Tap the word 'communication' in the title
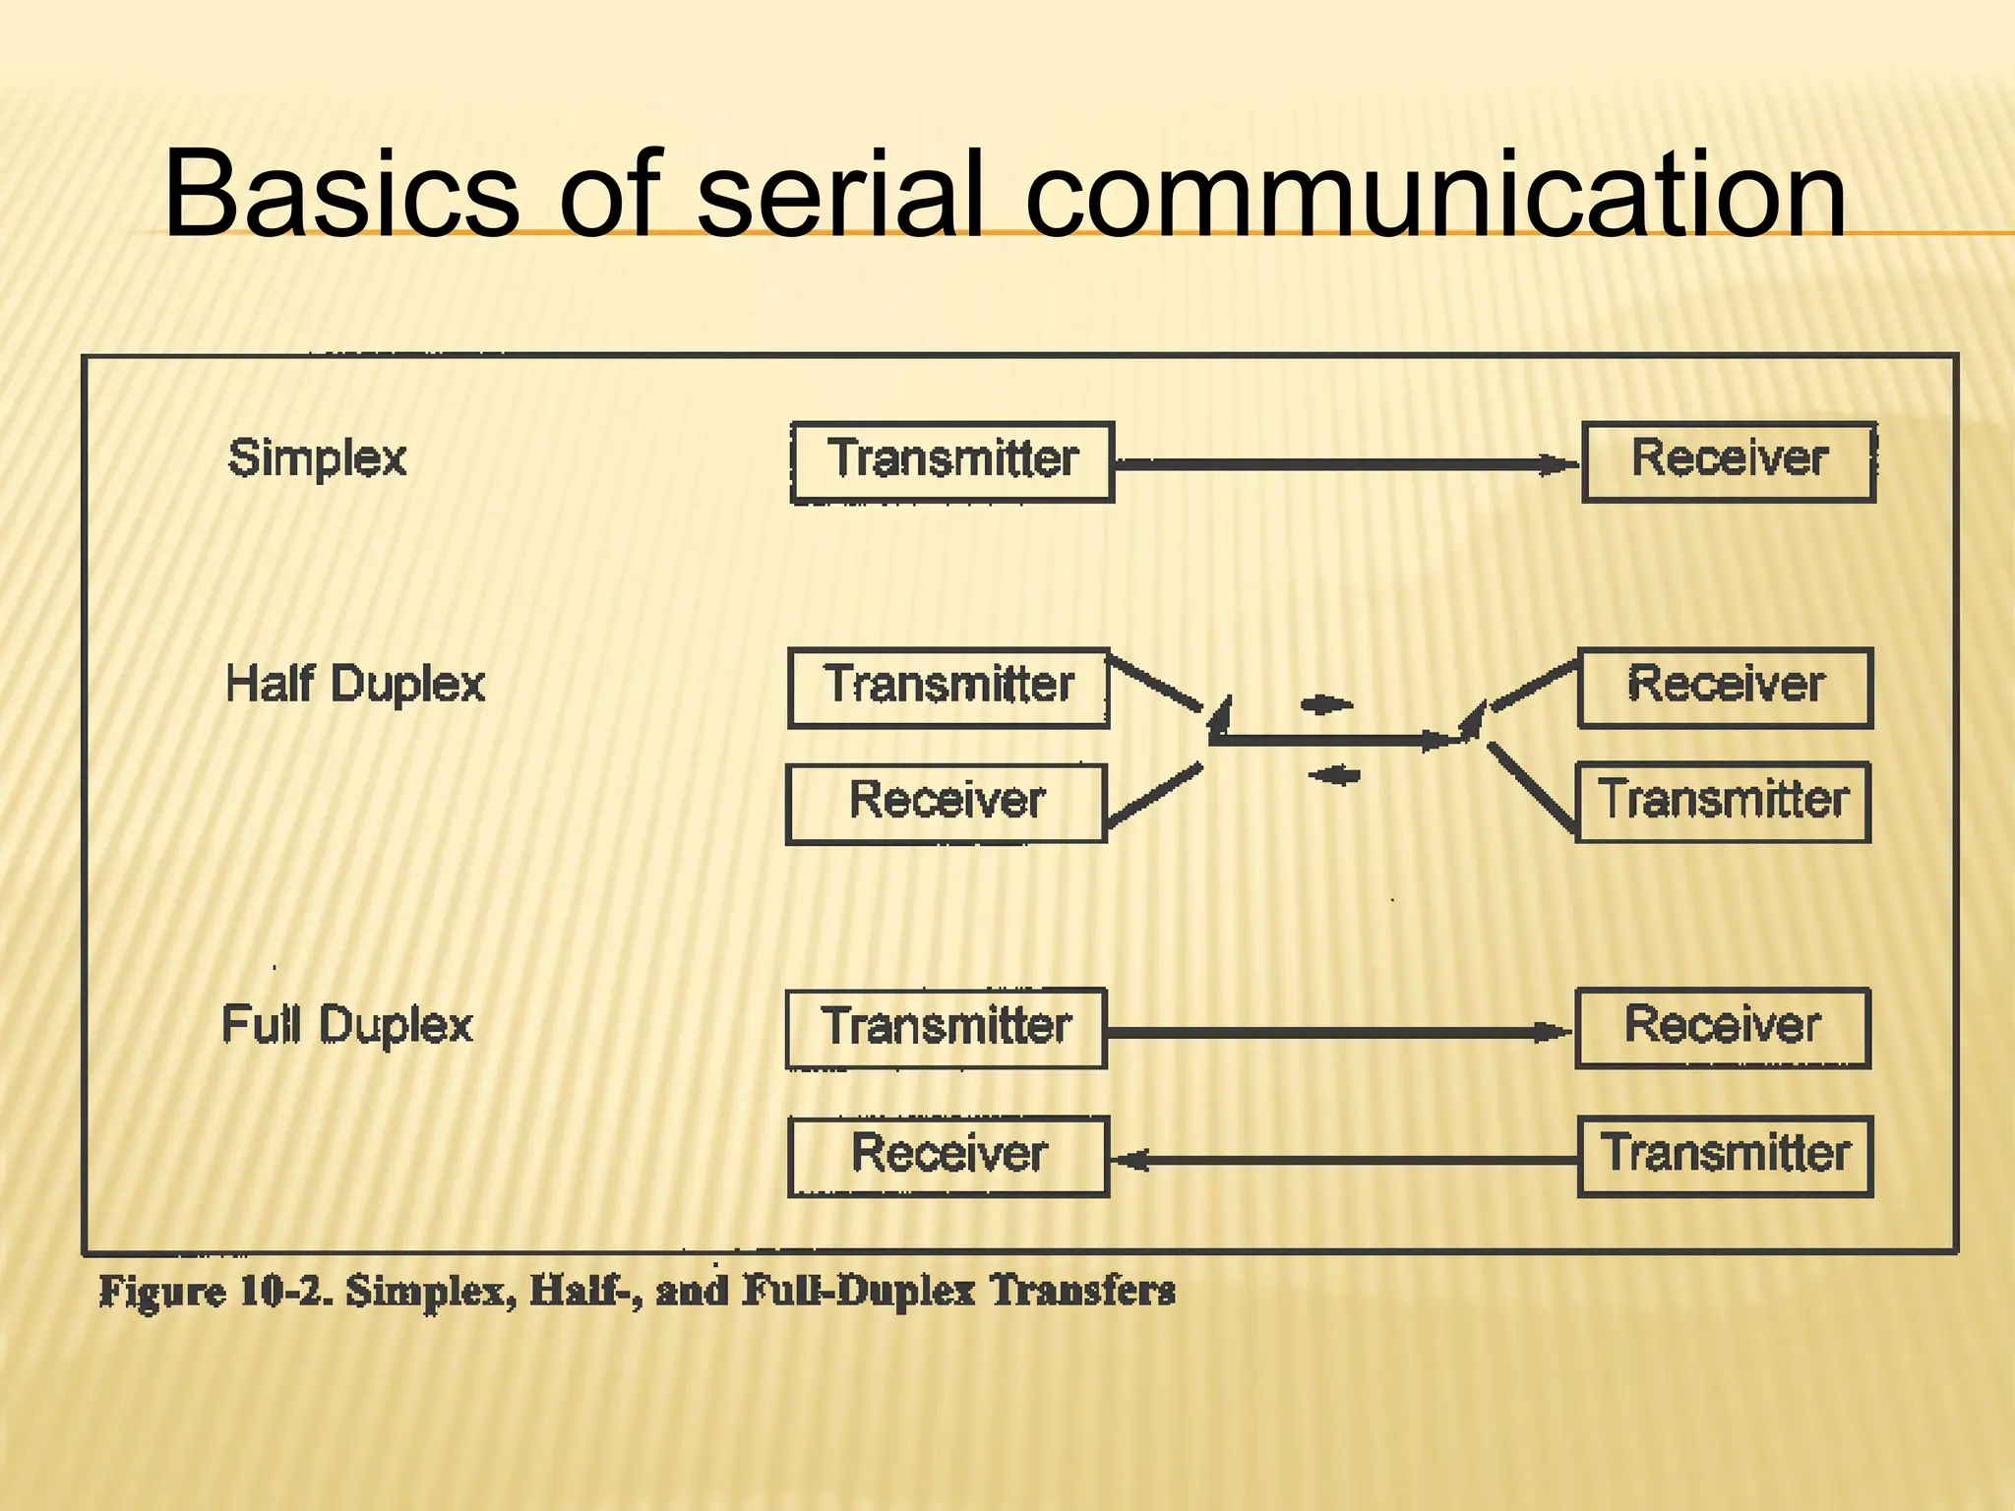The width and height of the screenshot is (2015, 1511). click(1435, 193)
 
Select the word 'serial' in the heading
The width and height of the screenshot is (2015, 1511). click(842, 193)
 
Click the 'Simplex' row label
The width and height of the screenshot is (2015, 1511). click(317, 458)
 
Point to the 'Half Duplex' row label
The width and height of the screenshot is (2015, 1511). click(355, 684)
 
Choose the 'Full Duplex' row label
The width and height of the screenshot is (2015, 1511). click(347, 1025)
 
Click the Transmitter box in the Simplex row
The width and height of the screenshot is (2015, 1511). click(952, 462)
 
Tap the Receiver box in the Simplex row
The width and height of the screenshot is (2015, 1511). click(1729, 461)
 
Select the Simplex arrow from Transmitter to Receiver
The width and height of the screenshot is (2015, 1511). click(1348, 464)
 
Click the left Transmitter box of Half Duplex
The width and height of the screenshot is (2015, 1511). click(948, 688)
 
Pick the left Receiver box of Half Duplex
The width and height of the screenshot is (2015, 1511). click(946, 803)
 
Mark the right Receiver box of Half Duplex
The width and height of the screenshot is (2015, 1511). click(1726, 687)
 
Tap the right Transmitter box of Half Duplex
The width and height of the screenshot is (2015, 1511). click(1723, 801)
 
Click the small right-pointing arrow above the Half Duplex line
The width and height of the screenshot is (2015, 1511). click(1326, 704)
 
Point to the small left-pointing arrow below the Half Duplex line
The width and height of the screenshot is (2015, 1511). click(1334, 776)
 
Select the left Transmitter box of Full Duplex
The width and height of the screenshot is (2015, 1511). click(946, 1028)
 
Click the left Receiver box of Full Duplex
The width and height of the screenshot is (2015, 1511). click(948, 1156)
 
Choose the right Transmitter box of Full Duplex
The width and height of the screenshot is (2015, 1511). click(1726, 1156)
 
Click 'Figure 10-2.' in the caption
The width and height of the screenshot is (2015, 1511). click(216, 1291)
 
